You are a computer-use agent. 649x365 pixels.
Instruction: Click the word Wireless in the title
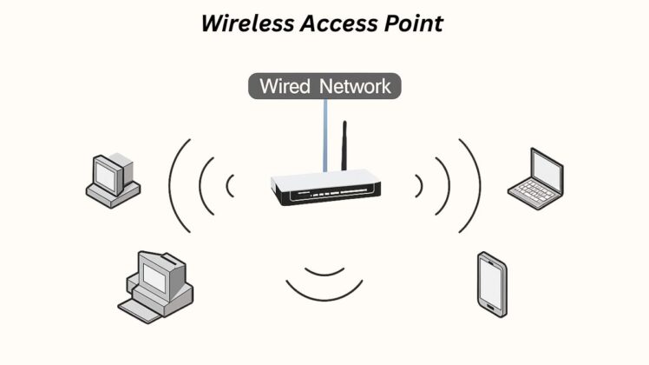coord(245,23)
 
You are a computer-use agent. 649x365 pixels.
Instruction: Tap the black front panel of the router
coord(324,196)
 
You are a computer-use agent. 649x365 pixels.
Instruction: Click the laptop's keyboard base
coord(533,197)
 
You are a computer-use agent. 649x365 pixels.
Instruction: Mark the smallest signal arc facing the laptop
coord(420,184)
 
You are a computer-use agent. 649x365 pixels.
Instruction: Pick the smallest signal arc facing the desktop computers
coord(229,184)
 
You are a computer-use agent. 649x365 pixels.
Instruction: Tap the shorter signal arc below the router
coord(324,269)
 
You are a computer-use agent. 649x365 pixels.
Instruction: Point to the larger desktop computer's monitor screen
coord(155,277)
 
